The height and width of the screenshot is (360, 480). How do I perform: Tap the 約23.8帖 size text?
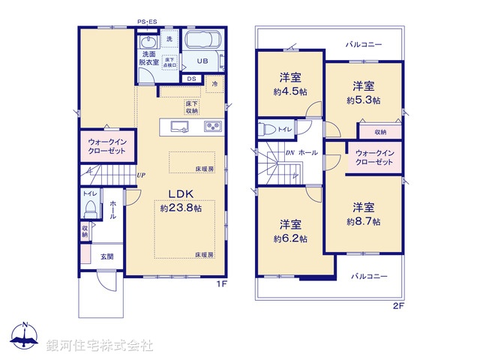pyautogui.click(x=180, y=209)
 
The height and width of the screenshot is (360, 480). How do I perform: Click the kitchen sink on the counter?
pyautogui.click(x=180, y=126)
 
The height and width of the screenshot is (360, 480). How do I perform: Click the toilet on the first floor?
pyautogui.click(x=90, y=205)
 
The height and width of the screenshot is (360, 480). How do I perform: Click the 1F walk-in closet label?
pyautogui.click(x=108, y=146)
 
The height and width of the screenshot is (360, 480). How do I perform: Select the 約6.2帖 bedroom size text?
pyautogui.click(x=290, y=231)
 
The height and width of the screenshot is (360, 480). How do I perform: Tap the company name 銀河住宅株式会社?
pyautogui.click(x=100, y=346)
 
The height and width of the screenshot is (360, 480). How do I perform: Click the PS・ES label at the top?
pyautogui.click(x=148, y=22)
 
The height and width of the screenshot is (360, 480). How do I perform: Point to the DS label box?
pyautogui.click(x=191, y=78)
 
